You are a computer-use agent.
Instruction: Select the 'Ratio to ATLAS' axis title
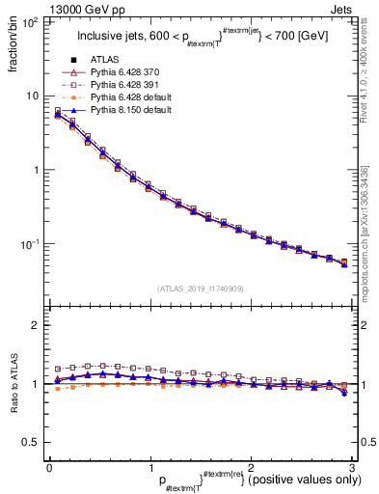(x=13, y=386)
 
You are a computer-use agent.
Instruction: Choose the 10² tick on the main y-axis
(x=30, y=20)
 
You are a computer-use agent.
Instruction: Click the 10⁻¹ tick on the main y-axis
(x=30, y=245)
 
